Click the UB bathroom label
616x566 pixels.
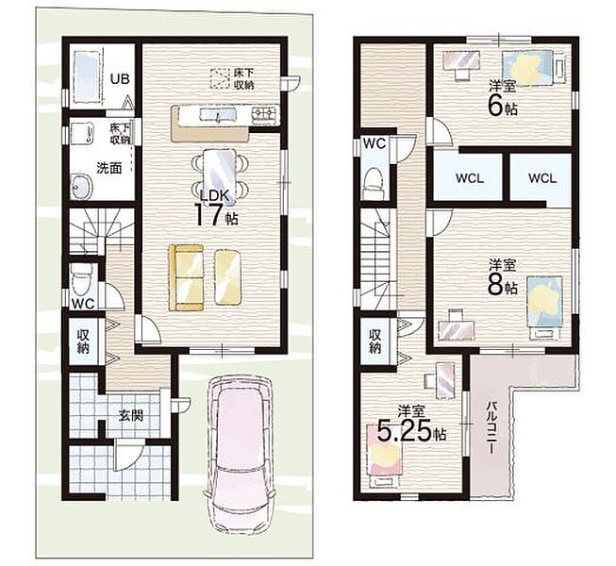[x=120, y=79]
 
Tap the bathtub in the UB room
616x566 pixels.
[x=85, y=77]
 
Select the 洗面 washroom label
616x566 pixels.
[x=109, y=168]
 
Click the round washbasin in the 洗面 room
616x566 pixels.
[x=81, y=186]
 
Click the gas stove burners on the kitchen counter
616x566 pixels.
[x=265, y=114]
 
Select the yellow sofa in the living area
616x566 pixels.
[x=186, y=277]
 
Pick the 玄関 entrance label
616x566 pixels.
[x=131, y=415]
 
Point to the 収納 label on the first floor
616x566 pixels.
[x=83, y=341]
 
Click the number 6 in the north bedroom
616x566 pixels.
[x=495, y=106]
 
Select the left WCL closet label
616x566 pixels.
[x=470, y=178]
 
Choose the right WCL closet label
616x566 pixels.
[x=542, y=178]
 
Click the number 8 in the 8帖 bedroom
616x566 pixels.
[x=495, y=286]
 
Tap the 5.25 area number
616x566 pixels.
[x=405, y=432]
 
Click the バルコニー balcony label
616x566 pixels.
[x=491, y=428]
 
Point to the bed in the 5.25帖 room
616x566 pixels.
[x=385, y=456]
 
